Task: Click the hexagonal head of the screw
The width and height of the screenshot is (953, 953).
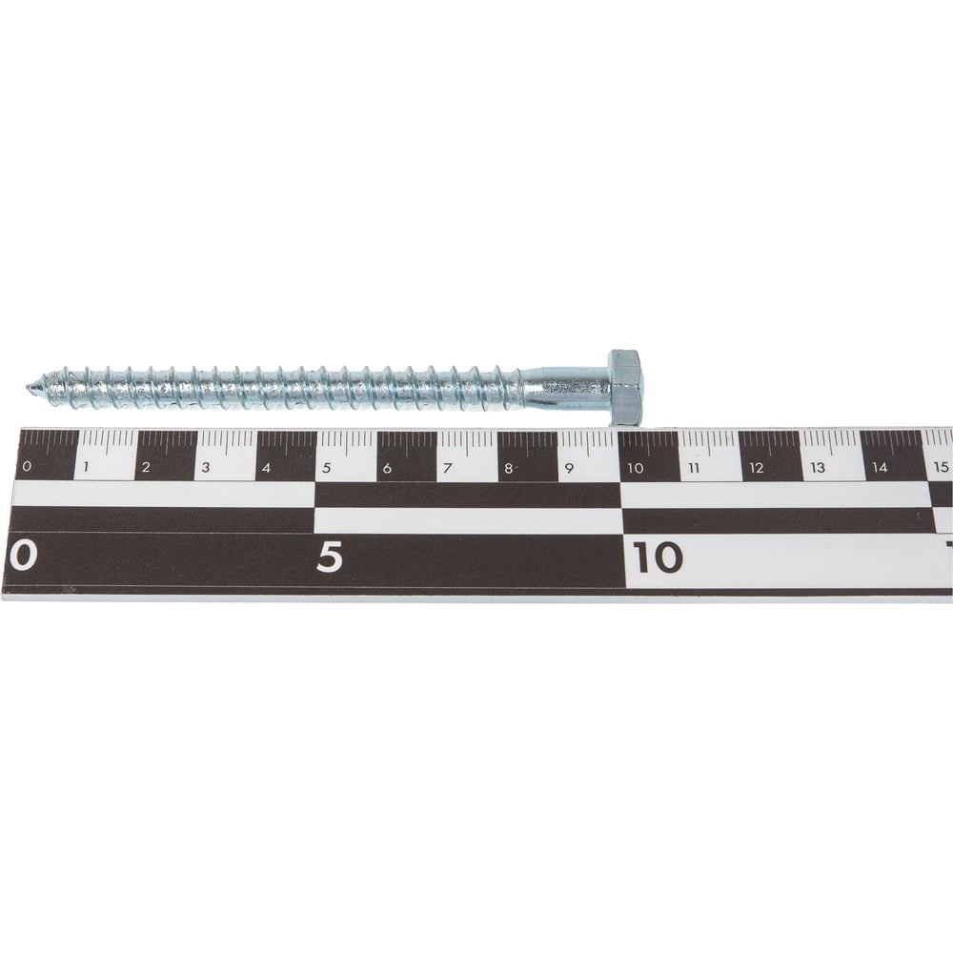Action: point(626,388)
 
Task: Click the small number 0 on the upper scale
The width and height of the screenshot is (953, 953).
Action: point(26,467)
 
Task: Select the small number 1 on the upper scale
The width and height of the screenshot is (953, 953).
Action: point(87,467)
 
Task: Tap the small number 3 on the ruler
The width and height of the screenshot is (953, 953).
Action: point(206,467)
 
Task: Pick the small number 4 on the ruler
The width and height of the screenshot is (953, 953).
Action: point(266,467)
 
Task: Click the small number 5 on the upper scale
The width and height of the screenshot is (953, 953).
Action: point(326,468)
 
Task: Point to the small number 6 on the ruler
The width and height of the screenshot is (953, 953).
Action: point(387,468)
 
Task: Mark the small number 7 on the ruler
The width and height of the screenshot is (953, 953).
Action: point(448,468)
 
